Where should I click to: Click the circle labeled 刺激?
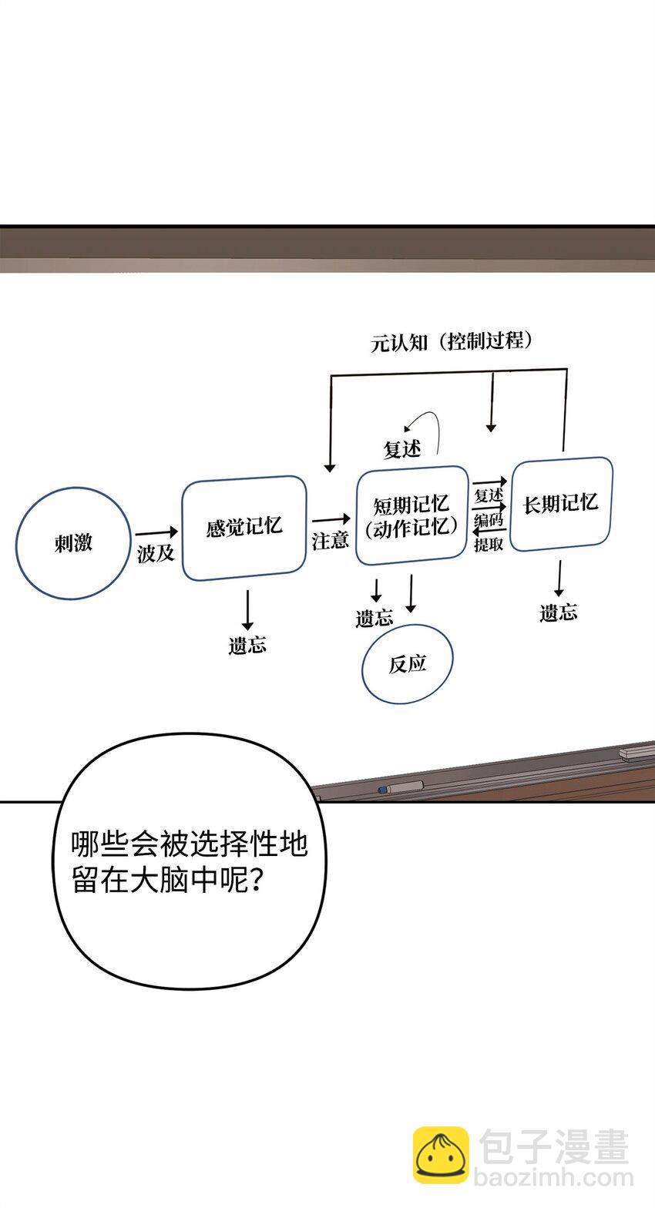pyautogui.click(x=73, y=543)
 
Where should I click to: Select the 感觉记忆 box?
pyautogui.click(x=244, y=528)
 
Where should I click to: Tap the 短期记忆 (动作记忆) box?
pyautogui.click(x=411, y=515)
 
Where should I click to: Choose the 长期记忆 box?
pyautogui.click(x=561, y=504)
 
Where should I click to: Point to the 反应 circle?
pyautogui.click(x=408, y=663)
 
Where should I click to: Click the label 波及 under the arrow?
pyautogui.click(x=156, y=553)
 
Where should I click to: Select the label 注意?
pyautogui.click(x=330, y=540)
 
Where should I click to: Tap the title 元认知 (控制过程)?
pyautogui.click(x=452, y=341)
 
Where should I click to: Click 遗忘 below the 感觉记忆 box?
pyautogui.click(x=247, y=646)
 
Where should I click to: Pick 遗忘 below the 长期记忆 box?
pyautogui.click(x=559, y=613)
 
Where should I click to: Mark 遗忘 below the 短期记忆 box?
pyautogui.click(x=375, y=618)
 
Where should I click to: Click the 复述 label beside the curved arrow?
pyautogui.click(x=402, y=449)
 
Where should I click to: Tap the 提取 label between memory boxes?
pyautogui.click(x=489, y=545)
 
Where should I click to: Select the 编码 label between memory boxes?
pyautogui.click(x=489, y=520)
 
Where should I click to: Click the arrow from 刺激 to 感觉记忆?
pyautogui.click(x=156, y=532)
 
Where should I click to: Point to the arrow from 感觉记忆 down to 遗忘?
pyautogui.click(x=247, y=610)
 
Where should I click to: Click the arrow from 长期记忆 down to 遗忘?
pyautogui.click(x=559, y=578)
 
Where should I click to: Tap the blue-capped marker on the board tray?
pyautogui.click(x=400, y=787)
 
